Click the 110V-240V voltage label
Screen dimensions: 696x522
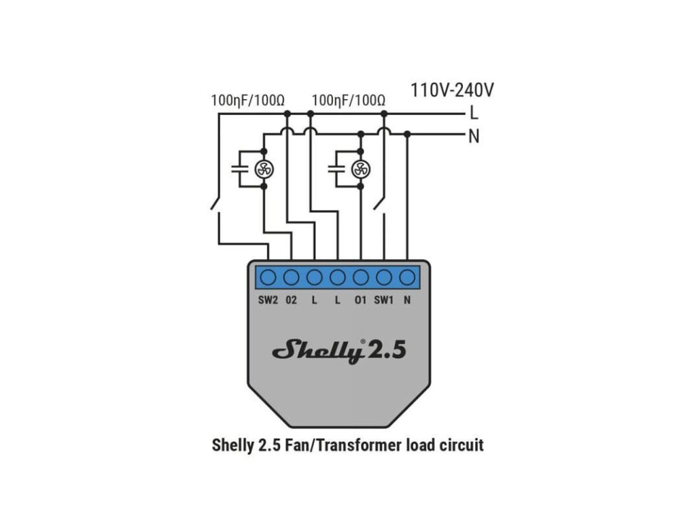[452, 90]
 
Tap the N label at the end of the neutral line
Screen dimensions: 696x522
[474, 136]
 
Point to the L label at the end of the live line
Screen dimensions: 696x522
[474, 114]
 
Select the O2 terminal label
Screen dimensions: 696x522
[292, 299]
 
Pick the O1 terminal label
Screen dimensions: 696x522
[360, 299]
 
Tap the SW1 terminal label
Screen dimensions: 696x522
[384, 299]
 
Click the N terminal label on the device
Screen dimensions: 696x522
[407, 299]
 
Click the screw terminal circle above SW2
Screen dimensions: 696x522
[268, 277]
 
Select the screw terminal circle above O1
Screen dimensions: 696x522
[361, 277]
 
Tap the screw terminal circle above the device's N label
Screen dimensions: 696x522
[407, 277]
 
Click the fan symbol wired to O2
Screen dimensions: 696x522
[264, 169]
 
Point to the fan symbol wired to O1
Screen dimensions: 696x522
[361, 169]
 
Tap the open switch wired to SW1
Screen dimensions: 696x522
[381, 203]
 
